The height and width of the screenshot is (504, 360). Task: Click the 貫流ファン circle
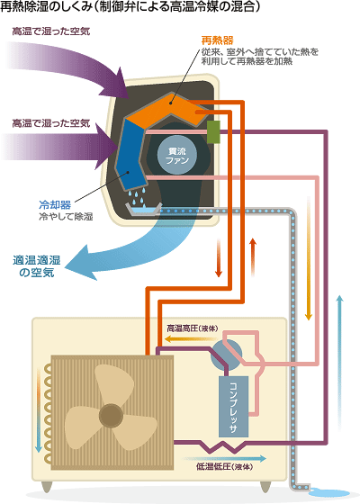(177, 155)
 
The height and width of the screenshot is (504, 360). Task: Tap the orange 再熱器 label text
(217, 40)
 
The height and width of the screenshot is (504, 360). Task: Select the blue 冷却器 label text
(55, 204)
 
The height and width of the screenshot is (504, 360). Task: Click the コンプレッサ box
(234, 406)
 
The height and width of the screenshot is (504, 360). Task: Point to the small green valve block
(213, 131)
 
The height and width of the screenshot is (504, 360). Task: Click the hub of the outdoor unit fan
(111, 416)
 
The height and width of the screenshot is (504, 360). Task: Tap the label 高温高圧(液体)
(193, 328)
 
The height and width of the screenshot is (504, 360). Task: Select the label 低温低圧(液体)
(225, 467)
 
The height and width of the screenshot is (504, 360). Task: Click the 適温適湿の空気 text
(37, 266)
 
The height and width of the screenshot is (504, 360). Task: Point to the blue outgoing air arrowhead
(80, 264)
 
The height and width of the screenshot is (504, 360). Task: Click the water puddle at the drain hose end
(329, 493)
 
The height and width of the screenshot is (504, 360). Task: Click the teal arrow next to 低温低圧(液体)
(225, 459)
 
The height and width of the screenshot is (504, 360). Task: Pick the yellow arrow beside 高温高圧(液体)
(192, 338)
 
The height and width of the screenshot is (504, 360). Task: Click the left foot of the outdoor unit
(47, 487)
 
